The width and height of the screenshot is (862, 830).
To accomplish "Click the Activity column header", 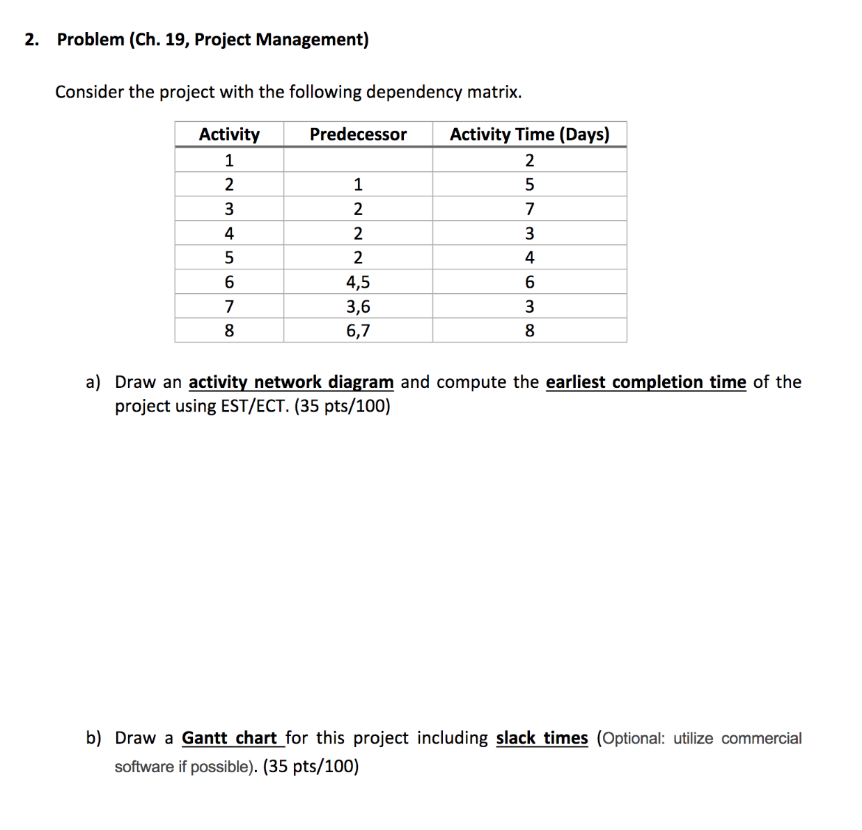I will coord(229,134).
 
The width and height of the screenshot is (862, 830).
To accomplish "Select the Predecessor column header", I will coord(358,134).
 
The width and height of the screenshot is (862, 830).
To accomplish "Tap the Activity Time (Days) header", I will coord(529,134).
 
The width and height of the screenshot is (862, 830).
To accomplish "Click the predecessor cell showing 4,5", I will coord(358,282).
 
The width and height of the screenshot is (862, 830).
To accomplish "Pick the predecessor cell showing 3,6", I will coord(358,306).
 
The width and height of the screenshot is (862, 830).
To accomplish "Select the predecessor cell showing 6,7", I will coord(358,331).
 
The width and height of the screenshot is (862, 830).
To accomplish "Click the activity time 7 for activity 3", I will coord(529,209).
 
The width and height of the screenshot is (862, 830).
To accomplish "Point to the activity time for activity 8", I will coord(529,331).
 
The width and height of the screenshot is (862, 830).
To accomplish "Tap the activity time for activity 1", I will coord(529,161).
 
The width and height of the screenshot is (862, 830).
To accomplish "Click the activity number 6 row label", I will coord(229,282).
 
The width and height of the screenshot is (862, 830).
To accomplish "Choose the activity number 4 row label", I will coord(229,233).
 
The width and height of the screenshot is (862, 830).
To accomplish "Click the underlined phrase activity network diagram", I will coord(291,382).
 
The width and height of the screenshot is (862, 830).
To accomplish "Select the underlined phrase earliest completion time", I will coord(645,382).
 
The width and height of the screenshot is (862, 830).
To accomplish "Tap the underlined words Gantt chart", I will coord(230,738).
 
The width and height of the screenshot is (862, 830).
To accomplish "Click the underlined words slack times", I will coord(542,738).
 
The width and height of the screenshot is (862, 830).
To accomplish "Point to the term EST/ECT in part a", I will coord(254,406).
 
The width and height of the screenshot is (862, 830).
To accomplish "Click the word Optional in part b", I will coord(632,738).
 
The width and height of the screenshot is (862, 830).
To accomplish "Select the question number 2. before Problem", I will coord(31,40).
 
